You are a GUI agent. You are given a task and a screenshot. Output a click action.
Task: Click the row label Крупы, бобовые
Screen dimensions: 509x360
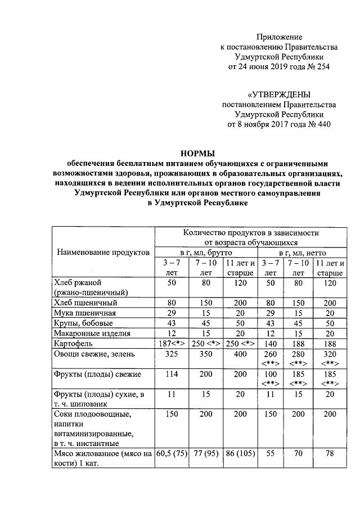[x=83, y=323]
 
